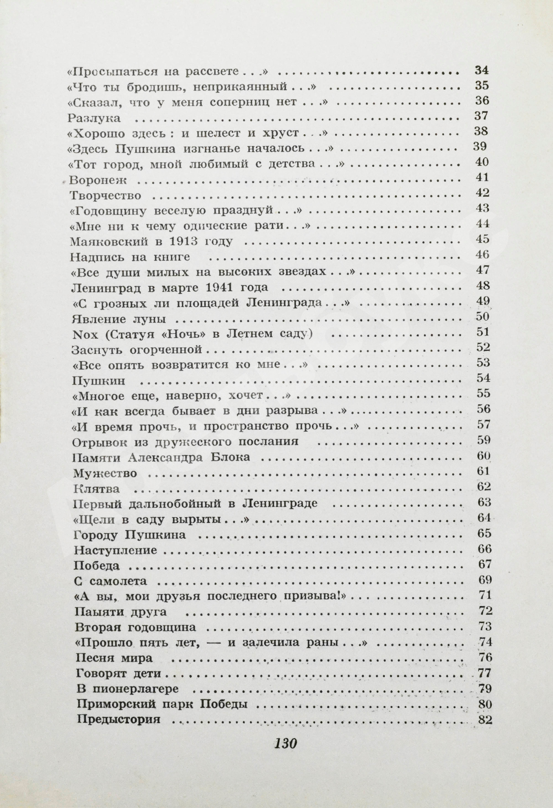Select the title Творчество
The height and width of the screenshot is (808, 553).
tap(105, 196)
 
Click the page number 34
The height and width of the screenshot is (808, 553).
tap(482, 70)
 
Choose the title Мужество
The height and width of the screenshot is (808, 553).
tap(105, 473)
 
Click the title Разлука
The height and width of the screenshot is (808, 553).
tap(94, 118)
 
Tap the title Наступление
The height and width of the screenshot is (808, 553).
tap(115, 551)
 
